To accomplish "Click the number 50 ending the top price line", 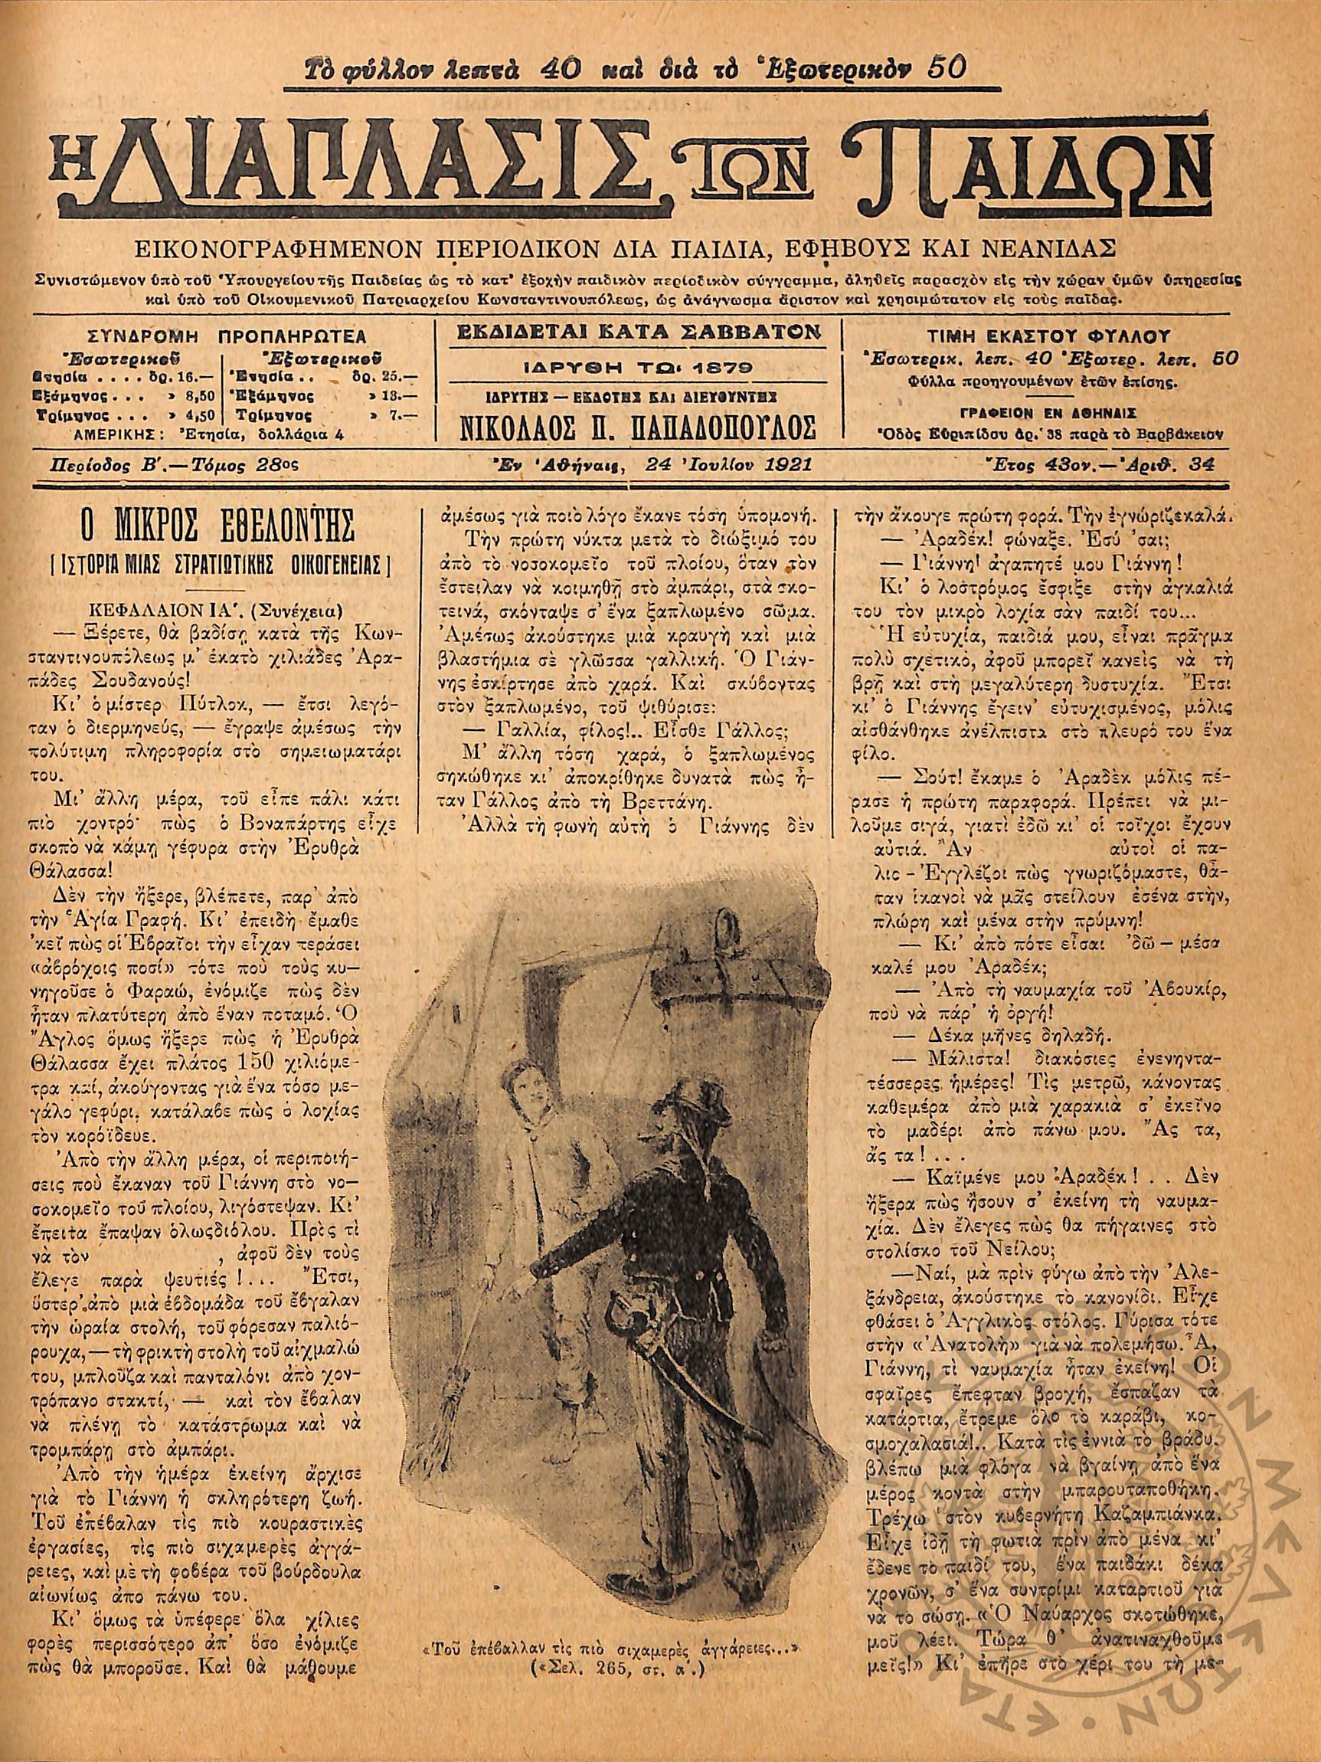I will click(947, 69).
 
